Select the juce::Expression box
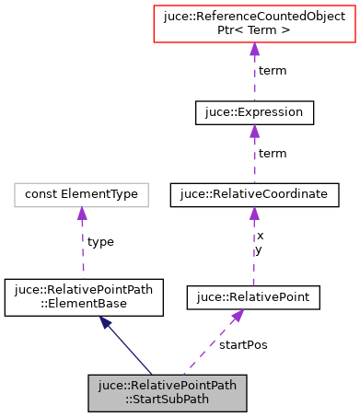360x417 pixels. (254, 112)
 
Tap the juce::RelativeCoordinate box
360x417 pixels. (254, 194)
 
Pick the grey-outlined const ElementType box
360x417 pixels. (82, 194)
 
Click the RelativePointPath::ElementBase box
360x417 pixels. (84, 295)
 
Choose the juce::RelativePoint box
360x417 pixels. (253, 297)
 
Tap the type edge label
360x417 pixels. (99, 241)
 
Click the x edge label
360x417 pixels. (260, 236)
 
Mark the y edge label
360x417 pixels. (260, 249)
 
